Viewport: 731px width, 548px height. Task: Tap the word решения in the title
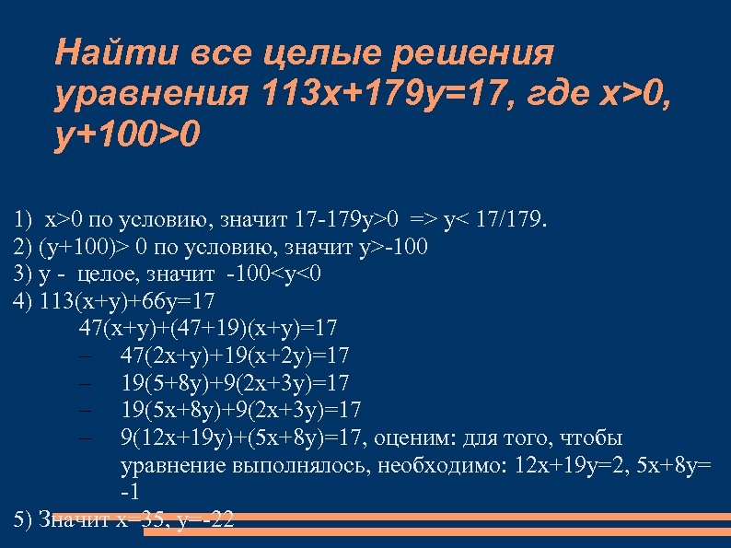(476, 52)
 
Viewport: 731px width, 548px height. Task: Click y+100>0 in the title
(126, 135)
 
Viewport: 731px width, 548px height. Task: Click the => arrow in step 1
(424, 221)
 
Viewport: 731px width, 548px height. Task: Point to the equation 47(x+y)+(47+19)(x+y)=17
(209, 328)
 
